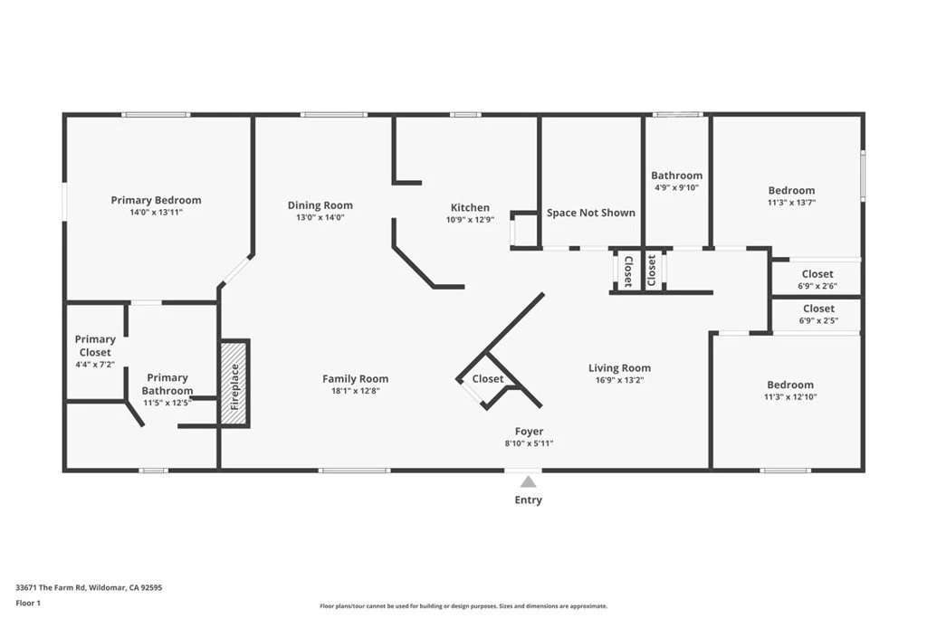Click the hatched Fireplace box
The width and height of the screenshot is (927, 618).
[234, 384]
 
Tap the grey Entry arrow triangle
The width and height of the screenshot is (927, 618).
[529, 481]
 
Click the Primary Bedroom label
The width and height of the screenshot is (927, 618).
[156, 200]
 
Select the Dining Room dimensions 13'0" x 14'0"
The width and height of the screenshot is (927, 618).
[320, 217]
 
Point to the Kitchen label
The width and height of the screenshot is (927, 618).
[470, 207]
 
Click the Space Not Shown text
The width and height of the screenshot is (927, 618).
[591, 213]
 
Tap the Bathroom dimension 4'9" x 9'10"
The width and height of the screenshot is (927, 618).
[677, 188]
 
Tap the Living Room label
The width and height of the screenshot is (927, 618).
[619, 368]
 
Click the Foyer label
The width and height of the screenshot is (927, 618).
[529, 432]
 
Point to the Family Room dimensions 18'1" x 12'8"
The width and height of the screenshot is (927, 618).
[355, 391]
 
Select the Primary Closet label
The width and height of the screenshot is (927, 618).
[95, 346]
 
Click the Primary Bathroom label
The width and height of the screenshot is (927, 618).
[167, 384]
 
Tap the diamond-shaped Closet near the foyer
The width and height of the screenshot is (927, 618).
[488, 379]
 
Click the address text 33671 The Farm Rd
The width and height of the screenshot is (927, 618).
[51, 588]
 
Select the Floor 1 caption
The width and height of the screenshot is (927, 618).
[28, 604]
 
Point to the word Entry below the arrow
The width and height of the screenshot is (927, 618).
[529, 499]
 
